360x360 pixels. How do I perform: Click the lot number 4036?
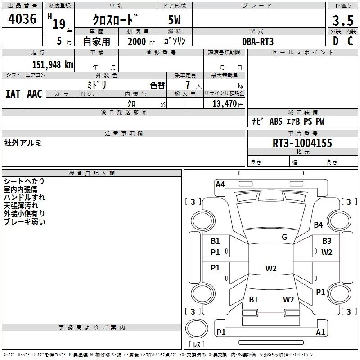22,19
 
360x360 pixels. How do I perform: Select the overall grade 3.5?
342,20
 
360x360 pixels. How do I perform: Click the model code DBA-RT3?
258,41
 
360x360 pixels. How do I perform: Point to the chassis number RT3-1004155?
302,143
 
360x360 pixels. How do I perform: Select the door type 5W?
175,20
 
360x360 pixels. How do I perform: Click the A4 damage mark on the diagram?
220,184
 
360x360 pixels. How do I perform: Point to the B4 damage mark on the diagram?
319,225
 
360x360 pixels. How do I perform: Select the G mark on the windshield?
284,237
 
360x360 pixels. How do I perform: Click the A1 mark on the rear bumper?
320,333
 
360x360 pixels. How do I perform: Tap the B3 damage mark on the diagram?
326,241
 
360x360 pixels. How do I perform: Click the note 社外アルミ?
23,143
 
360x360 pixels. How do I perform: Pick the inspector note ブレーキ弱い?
24,222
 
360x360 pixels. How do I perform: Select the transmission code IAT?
13,94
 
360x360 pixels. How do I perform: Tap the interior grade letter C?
350,41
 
